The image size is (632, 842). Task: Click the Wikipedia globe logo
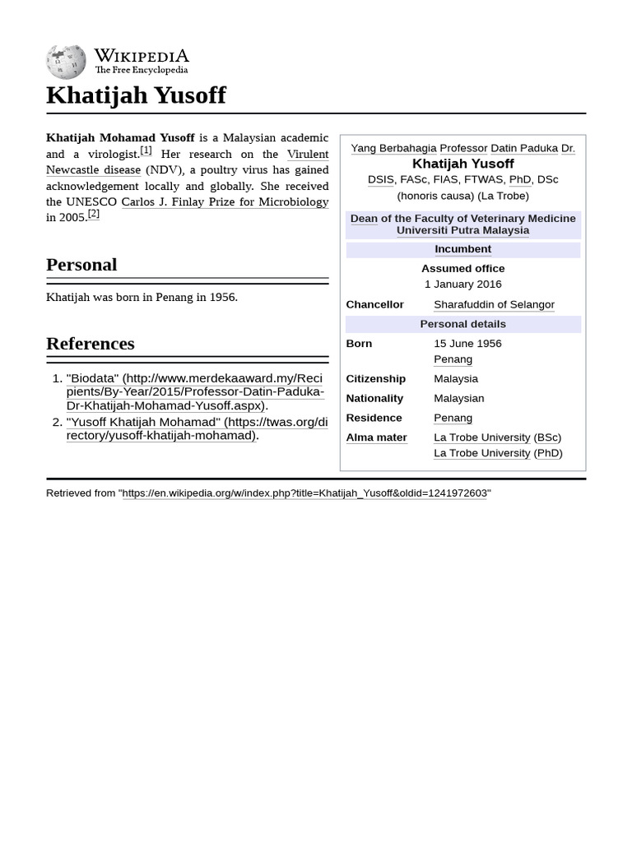[x=66, y=62]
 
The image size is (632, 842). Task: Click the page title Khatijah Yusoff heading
[x=136, y=95]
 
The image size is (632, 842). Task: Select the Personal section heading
[x=81, y=265]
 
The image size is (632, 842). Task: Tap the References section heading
[x=90, y=344]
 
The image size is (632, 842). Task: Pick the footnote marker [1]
[x=146, y=150]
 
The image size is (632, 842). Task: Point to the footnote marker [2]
[x=93, y=214]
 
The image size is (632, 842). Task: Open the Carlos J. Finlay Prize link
[x=225, y=201]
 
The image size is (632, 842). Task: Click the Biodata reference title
[x=93, y=378]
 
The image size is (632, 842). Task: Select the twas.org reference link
[x=197, y=428]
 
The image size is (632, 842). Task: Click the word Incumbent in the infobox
[x=462, y=249]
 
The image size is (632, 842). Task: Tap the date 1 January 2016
[x=462, y=284]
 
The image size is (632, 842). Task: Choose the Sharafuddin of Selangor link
[x=494, y=304]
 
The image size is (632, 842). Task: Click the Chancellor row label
[x=374, y=304]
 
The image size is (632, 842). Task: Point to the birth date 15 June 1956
[x=467, y=344]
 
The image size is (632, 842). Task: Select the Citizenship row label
[x=375, y=379]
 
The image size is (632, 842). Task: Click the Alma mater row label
[x=376, y=437]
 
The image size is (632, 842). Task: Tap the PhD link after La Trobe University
[x=548, y=453]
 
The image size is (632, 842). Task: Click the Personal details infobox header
[x=462, y=324]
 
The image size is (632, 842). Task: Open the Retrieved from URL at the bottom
[x=304, y=493]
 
